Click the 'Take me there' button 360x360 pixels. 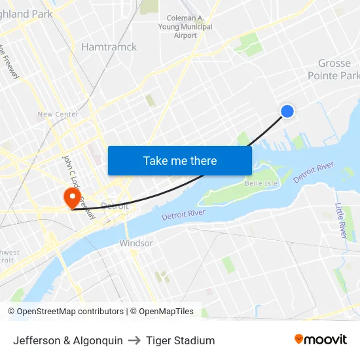coord(179,160)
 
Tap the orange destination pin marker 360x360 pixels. coord(71,197)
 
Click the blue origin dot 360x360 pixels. coord(287,111)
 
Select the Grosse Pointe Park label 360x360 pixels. coord(334,69)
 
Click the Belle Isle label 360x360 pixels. coord(261,183)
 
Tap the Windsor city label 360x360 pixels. coord(135,243)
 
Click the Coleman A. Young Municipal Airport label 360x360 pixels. coord(185,27)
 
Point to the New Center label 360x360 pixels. coord(58,115)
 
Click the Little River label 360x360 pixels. coord(340,220)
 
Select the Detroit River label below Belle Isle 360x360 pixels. coord(183,215)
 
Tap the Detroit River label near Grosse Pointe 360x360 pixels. coord(314,172)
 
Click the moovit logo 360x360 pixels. coord(320,339)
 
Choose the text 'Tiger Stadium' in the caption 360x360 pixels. coord(180,340)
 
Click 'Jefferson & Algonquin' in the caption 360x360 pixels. coord(67,340)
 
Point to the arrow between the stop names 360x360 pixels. coord(134,340)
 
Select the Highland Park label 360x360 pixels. coord(26,14)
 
